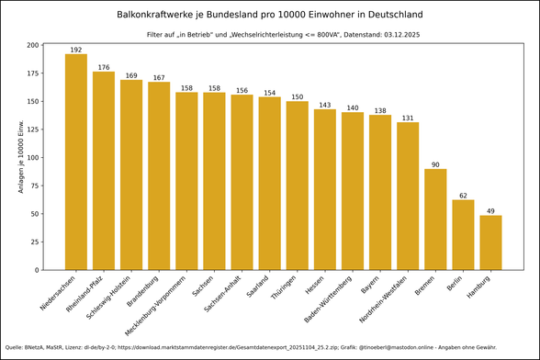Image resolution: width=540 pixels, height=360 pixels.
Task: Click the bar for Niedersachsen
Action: point(76,162)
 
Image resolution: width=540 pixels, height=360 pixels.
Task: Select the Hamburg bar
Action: point(490,242)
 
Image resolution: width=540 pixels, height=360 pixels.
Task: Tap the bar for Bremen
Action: point(435,219)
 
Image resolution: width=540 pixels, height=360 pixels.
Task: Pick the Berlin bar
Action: point(463,235)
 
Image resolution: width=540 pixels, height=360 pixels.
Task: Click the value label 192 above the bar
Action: point(76,50)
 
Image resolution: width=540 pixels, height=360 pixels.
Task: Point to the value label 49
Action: point(490,211)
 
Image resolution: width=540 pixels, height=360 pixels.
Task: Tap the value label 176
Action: point(104,67)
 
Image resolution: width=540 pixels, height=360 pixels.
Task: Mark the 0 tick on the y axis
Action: point(38,270)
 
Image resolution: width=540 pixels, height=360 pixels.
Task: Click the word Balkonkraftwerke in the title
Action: point(158,15)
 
